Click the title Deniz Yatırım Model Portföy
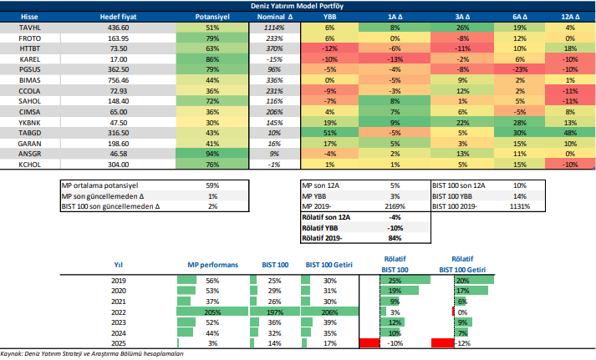[297, 6]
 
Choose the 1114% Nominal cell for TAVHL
[272, 28]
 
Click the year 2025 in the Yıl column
[118, 343]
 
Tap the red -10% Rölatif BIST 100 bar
[368, 343]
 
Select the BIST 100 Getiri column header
[329, 265]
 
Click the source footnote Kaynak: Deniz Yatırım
[92, 353]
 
